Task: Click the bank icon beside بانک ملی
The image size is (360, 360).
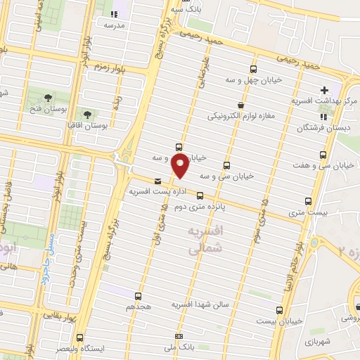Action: click(179, 337)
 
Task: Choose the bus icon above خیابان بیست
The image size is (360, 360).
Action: click(280, 310)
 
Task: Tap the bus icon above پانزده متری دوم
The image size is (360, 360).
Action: click(200, 196)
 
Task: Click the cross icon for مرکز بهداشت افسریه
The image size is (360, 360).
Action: click(324, 90)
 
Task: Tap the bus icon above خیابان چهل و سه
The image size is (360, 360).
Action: click(253, 69)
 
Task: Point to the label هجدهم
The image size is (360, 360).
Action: click(139, 307)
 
